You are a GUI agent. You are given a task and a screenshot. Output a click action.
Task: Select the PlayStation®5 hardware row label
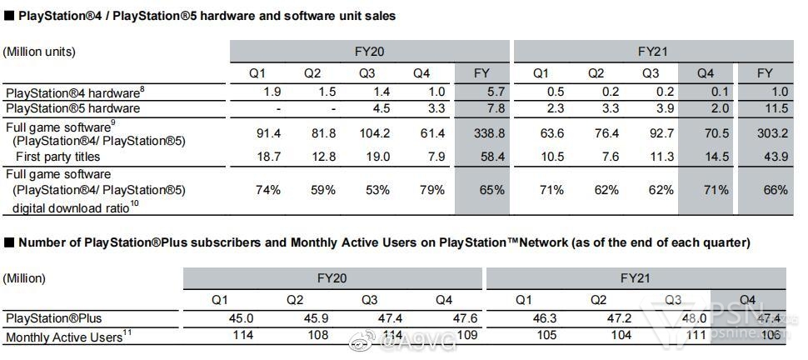pyautogui.click(x=72, y=108)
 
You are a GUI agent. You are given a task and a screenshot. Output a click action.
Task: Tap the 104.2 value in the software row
pyautogui.click(x=367, y=132)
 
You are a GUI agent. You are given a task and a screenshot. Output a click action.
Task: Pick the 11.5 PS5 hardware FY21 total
pyautogui.click(x=765, y=108)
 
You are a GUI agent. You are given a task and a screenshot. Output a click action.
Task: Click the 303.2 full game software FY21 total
pyautogui.click(x=765, y=132)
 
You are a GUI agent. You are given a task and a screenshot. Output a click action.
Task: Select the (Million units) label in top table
pyautogui.click(x=39, y=52)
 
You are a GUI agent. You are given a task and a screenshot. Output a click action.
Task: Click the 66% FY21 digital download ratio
pyautogui.click(x=765, y=190)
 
